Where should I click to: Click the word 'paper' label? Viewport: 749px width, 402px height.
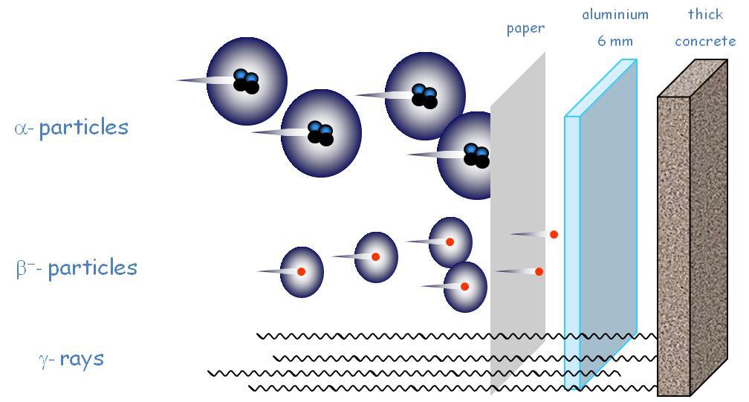pos(525,29)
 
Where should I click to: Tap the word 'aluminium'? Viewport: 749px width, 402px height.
pos(615,15)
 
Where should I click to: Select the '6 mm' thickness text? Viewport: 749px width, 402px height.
pos(615,41)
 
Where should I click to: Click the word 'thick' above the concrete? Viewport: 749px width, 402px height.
pos(704,15)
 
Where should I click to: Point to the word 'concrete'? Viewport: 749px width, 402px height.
pos(704,41)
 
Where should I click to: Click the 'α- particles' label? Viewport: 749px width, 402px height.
pos(71,127)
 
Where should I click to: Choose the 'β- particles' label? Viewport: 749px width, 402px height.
pos(77,268)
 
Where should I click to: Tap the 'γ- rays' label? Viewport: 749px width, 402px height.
pos(71,359)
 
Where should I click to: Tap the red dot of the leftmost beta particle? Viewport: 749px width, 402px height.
pos(301,272)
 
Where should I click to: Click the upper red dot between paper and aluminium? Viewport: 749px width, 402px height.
pos(554,234)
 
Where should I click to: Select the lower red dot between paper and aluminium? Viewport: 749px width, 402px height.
pos(539,271)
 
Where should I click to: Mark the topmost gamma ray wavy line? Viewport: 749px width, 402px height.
pos(372,336)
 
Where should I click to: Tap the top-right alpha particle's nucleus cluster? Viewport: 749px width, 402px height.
pos(425,95)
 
